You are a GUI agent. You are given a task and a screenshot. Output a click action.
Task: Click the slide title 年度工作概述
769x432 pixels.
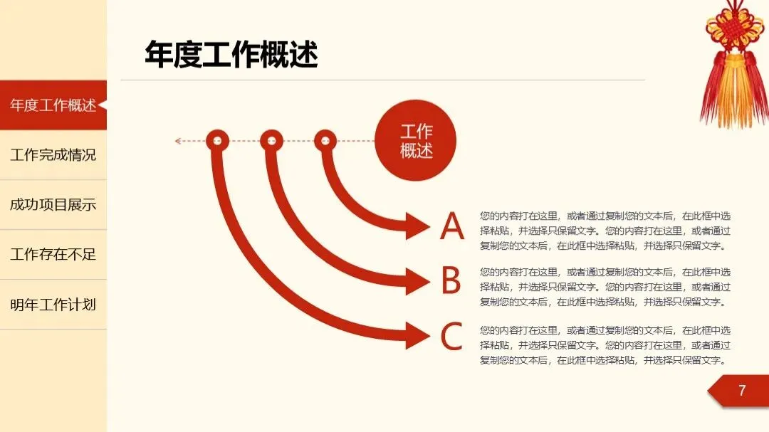point(231,56)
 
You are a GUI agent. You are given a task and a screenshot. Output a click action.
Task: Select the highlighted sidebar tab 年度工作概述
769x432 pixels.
point(53,105)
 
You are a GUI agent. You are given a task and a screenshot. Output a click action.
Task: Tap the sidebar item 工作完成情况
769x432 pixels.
point(53,154)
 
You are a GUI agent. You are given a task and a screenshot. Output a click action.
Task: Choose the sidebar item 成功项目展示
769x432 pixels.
point(53,205)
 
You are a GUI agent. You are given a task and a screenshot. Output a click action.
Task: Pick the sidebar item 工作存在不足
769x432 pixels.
point(53,254)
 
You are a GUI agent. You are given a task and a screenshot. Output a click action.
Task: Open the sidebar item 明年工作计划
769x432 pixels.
point(53,305)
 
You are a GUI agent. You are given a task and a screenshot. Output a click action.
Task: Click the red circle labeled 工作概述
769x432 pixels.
point(416,141)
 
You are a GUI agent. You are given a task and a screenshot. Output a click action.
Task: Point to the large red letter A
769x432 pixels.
point(452,227)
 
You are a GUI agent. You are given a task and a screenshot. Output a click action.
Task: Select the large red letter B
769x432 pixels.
point(451,281)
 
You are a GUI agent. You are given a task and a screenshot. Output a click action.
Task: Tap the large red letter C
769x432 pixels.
point(452,337)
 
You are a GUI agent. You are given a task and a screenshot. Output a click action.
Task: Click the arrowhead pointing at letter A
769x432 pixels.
point(417,227)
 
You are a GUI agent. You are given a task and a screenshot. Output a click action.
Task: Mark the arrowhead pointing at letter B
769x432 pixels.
point(417,281)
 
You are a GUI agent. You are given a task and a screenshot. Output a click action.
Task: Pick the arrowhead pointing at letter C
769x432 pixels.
point(417,335)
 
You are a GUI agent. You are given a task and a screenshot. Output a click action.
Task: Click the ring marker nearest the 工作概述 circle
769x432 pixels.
point(325,140)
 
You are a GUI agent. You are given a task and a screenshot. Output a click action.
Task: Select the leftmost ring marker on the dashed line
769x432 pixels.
point(217,140)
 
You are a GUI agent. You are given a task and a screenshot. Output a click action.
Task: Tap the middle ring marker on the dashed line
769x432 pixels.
point(271,140)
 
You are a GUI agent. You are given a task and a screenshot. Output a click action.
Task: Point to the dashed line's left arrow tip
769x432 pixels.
point(177,141)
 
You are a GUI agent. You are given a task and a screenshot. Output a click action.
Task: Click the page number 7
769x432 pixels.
point(742,391)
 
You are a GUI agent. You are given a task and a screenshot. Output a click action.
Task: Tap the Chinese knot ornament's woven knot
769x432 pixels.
point(734,28)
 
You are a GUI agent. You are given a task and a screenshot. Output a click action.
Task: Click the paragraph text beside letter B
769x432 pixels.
point(605,287)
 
